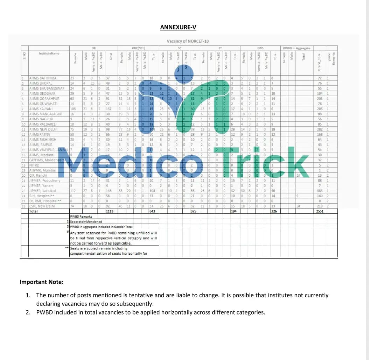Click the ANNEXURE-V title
pos(178,27)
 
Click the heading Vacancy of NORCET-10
pos(188,41)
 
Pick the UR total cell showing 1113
pos(110,211)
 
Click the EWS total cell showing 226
pos(274,211)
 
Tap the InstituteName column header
pos(49,53)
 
